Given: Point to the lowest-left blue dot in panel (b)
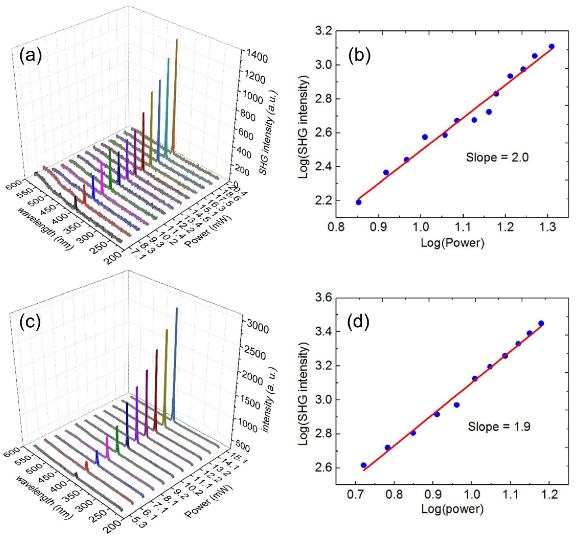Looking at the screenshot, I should coord(358,202).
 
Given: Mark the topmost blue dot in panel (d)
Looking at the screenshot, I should coord(541,323).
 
